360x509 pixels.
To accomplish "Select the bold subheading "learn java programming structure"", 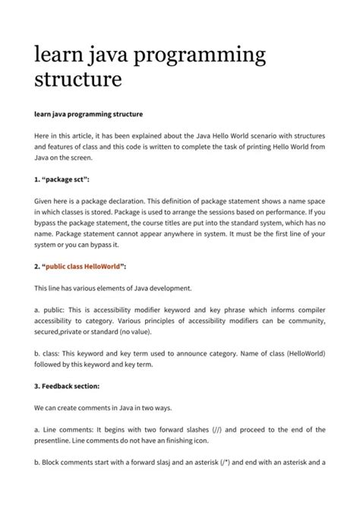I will (89, 115).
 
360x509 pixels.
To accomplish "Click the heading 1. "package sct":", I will (62, 179).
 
